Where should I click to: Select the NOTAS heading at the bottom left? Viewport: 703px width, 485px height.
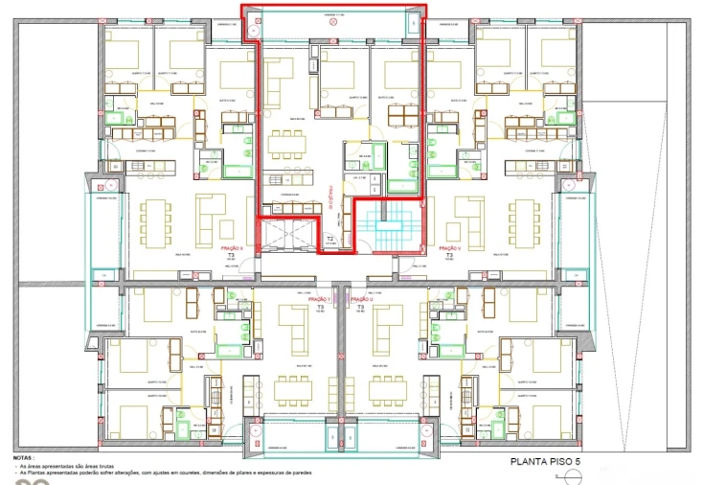pos(25,458)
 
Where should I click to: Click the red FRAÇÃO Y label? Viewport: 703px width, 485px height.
pos(319,299)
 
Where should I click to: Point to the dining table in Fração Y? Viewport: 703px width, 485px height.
pos(294,389)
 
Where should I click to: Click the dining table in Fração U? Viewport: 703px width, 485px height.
pos(389,389)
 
